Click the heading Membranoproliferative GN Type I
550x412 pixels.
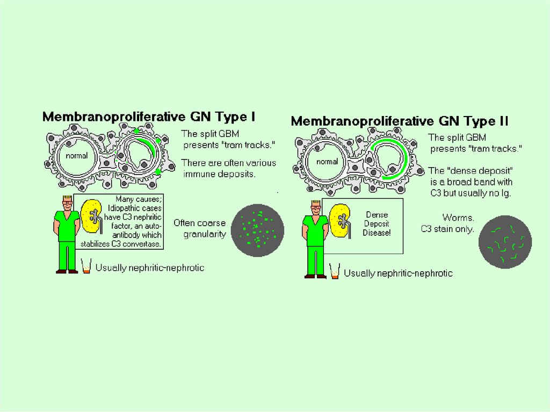[x=149, y=117]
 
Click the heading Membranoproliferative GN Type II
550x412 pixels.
[x=399, y=121]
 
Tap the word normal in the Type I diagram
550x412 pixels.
[x=77, y=156]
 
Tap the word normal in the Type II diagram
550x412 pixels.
[x=327, y=162]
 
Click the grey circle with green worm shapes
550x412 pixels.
[x=504, y=242]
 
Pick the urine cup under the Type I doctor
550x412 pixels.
[x=86, y=266]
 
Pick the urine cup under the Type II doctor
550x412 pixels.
[x=335, y=272]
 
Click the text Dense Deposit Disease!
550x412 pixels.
[x=377, y=224]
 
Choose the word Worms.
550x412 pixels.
[x=458, y=218]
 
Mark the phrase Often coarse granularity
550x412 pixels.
[x=200, y=229]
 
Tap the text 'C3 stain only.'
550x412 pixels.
[x=447, y=229]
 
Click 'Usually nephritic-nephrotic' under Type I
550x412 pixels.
[x=150, y=268]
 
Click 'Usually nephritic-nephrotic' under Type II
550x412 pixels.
[x=398, y=273]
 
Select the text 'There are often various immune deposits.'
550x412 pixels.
[x=228, y=168]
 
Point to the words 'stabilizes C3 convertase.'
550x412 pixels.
[x=121, y=243]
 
